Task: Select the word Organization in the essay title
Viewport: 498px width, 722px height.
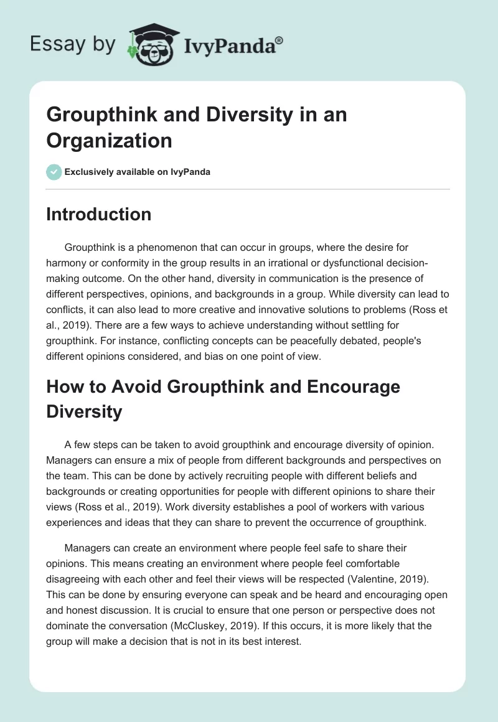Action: click(x=109, y=140)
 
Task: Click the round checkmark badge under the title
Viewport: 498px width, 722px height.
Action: click(x=54, y=172)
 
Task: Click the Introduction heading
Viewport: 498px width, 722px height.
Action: click(x=99, y=214)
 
